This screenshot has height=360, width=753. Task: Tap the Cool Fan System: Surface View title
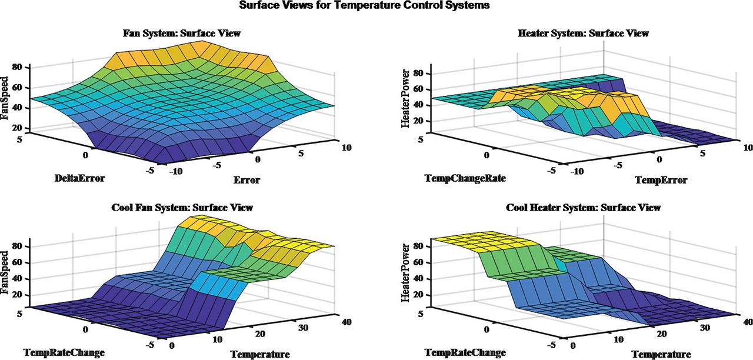182,208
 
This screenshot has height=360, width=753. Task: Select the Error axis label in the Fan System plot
246,179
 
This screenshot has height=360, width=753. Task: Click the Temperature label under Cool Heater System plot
661,354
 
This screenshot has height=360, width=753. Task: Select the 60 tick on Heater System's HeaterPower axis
419,89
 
